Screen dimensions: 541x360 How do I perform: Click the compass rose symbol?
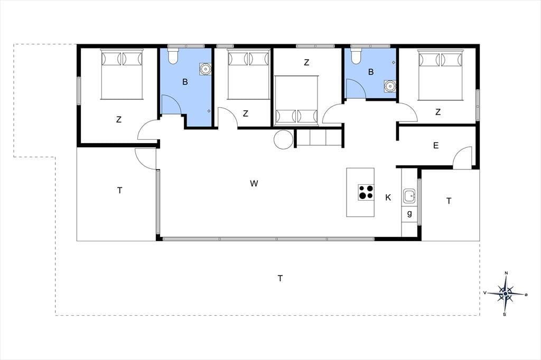coord(506,293)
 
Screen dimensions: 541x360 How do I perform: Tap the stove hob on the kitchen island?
coord(366,192)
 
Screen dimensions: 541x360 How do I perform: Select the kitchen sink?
coord(409,196)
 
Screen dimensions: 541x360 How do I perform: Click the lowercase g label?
coord(409,213)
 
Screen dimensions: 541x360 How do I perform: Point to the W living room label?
coord(254,184)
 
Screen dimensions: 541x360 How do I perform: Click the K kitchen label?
coord(388,197)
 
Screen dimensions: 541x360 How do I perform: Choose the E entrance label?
coord(436,146)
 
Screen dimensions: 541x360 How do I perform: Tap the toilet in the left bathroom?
coord(173,55)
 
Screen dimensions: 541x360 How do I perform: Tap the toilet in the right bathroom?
coord(356,55)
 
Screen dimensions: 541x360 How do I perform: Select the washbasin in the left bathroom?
coord(206,69)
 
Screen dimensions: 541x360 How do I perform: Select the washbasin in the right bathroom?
coord(390,86)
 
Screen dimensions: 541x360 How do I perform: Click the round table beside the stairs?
coord(284,139)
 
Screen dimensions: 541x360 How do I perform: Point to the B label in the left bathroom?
coord(185,82)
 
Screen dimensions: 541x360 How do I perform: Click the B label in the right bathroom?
coord(371,72)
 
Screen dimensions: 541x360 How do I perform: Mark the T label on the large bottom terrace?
coord(280,278)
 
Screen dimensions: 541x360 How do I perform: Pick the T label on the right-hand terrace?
coord(449,201)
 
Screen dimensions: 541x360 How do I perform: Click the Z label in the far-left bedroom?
coord(119,120)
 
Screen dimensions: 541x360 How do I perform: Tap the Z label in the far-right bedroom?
coord(438,112)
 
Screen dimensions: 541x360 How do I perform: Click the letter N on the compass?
coord(506,273)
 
